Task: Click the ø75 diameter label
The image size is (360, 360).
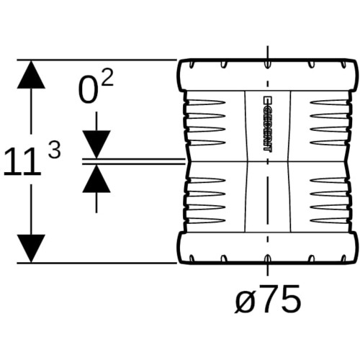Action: (x=267, y=299)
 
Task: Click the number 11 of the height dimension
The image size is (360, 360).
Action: (x=22, y=161)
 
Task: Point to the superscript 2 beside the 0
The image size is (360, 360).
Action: (x=107, y=78)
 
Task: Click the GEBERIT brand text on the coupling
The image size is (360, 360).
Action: (x=267, y=124)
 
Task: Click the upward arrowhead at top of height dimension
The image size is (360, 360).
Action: (x=31, y=74)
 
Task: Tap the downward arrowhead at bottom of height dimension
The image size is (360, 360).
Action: (x=31, y=248)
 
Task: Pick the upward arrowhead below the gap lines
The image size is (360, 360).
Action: (x=96, y=179)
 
